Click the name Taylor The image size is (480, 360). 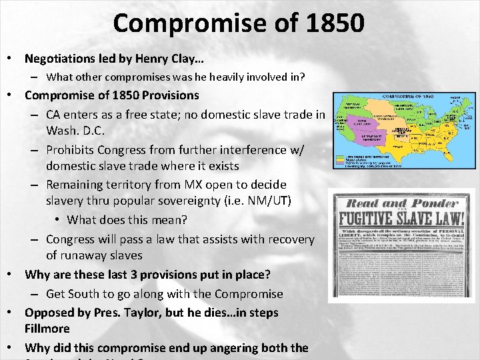[x=140, y=312]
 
